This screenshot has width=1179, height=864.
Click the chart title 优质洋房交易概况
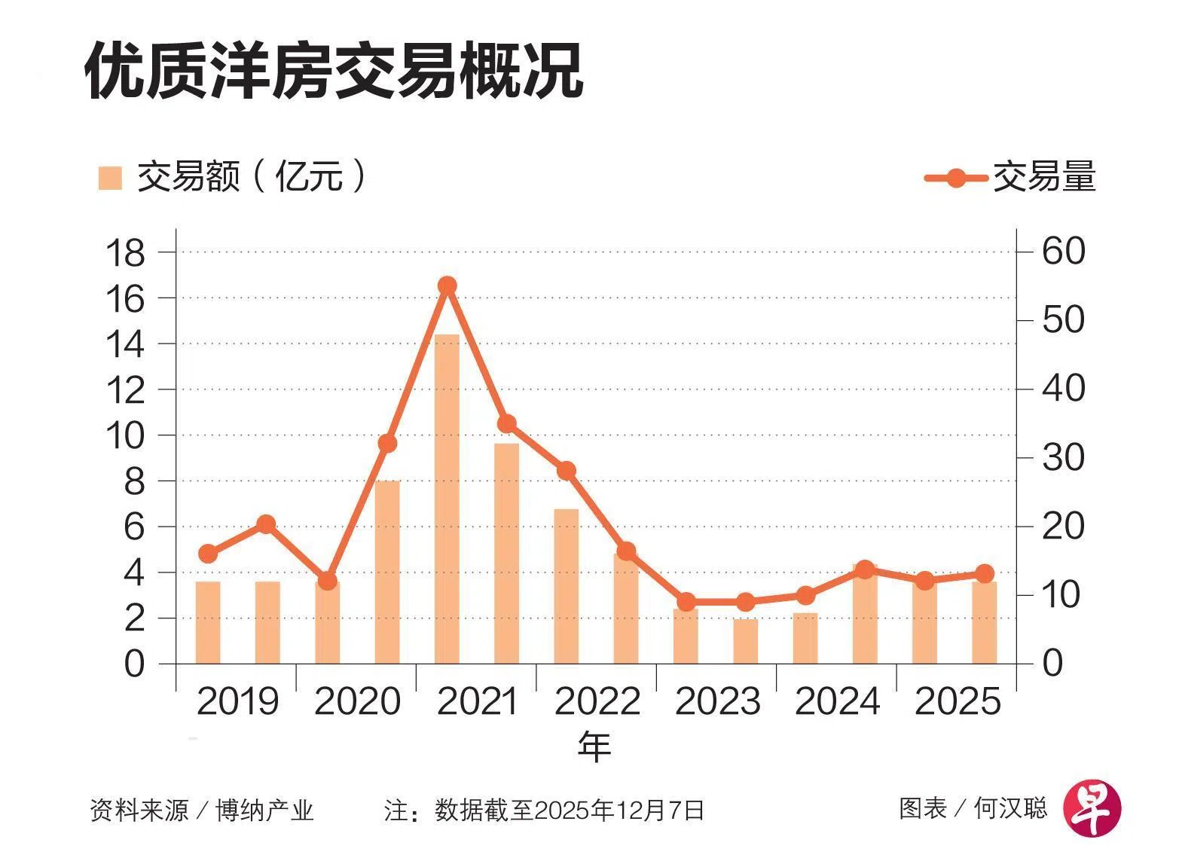click(x=334, y=71)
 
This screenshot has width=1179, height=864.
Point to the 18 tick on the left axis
click(x=125, y=252)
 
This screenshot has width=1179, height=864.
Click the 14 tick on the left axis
click(x=125, y=344)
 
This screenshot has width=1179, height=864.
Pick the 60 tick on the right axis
click(x=1063, y=251)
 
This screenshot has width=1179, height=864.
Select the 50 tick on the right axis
click(x=1063, y=320)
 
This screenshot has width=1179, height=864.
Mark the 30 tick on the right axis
click(x=1063, y=457)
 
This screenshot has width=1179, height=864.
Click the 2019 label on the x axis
click(x=237, y=702)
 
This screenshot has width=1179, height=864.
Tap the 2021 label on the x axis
click(x=478, y=702)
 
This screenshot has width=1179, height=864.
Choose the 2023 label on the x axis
click(x=717, y=702)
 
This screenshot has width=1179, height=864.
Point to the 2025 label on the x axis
click(x=957, y=702)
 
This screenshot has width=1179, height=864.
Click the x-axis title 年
click(x=594, y=746)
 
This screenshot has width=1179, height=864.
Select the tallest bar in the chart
click(x=447, y=499)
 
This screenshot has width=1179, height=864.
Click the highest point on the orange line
click(x=447, y=285)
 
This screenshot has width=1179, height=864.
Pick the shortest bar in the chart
click(x=746, y=641)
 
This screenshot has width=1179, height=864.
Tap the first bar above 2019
click(x=208, y=622)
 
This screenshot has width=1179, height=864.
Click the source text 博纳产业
click(x=264, y=811)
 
